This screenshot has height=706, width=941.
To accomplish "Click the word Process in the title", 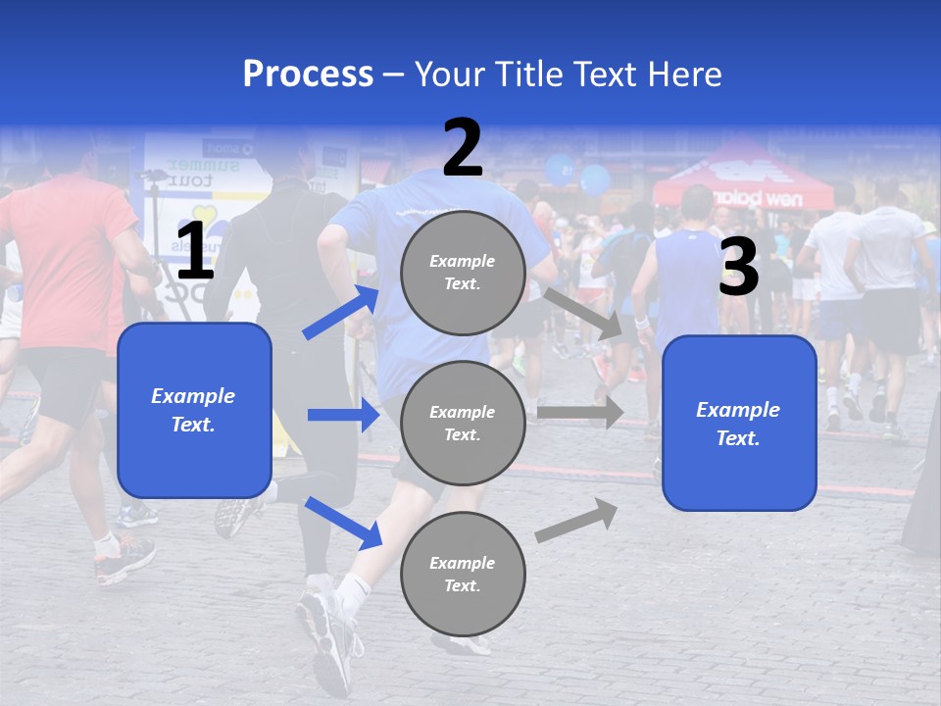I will [308, 75].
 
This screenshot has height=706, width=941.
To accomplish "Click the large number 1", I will [195, 252].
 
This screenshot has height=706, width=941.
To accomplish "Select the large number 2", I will [463, 148].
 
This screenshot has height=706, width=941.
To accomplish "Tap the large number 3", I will [738, 268].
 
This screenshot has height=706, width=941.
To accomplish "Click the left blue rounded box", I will [194, 410].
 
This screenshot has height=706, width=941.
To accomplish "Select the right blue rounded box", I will [739, 424].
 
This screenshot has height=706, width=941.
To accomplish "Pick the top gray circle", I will [463, 273].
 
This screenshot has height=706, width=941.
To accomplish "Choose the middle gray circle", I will [463, 424].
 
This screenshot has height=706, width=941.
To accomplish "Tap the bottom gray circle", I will [463, 575].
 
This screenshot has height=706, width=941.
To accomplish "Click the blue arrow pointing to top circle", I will [341, 312].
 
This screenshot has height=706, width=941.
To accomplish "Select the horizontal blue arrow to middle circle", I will [343, 415].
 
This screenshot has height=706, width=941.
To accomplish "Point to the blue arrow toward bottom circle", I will [343, 523].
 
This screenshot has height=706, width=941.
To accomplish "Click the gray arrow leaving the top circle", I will [584, 313].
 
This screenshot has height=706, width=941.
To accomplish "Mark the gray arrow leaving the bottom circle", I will [576, 521].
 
